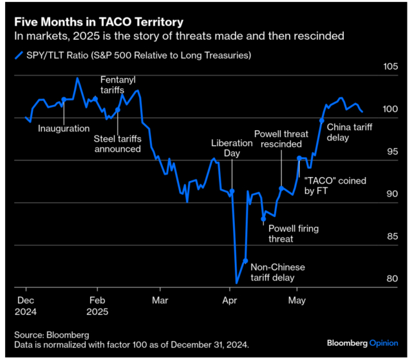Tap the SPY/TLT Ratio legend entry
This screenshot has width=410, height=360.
(139, 55)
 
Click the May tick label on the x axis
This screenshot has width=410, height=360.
(297, 300)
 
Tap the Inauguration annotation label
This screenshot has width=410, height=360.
(64, 128)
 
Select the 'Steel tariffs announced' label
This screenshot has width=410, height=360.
(117, 144)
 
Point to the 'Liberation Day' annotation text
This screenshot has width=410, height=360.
(230, 147)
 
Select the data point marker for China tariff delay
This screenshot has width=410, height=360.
(321, 120)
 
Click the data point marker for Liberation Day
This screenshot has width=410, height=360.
(232, 191)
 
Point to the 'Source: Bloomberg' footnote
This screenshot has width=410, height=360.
(51, 335)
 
